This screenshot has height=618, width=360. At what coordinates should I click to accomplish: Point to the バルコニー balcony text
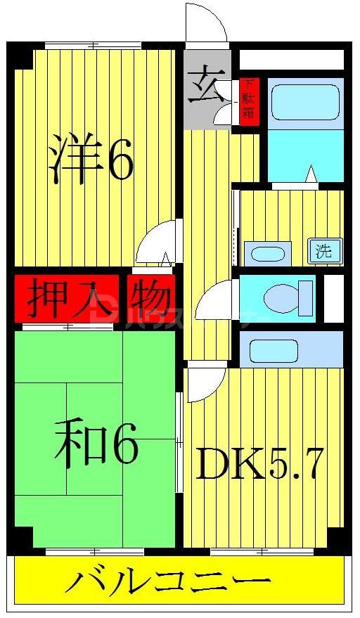169,583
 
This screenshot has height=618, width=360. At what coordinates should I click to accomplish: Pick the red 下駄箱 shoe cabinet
248,101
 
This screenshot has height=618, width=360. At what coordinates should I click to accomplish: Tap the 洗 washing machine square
323,251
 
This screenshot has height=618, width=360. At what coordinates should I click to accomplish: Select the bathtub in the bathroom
304,102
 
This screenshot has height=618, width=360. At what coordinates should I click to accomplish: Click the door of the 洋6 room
156,244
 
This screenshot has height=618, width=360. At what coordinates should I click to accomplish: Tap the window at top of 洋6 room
92,46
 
